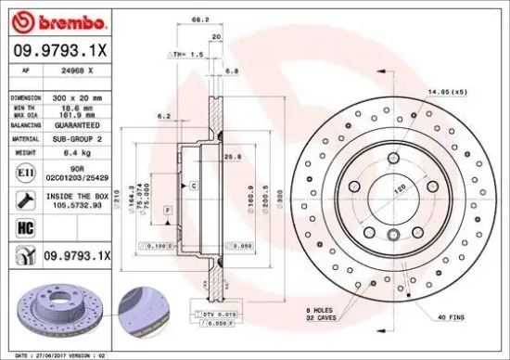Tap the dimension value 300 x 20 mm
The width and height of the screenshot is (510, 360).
77,96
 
